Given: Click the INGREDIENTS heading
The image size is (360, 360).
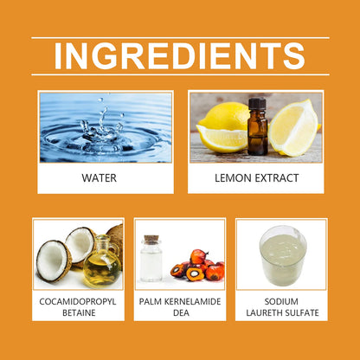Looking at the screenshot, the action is click(x=179, y=56).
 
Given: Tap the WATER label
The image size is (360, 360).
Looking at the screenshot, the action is click(x=100, y=178).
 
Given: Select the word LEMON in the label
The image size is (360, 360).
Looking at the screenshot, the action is click(x=233, y=178).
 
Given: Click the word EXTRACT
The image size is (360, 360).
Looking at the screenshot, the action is click(x=276, y=178).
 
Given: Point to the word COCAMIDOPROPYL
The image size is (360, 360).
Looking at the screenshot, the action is click(x=78, y=302).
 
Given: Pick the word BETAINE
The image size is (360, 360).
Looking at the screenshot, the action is click(x=79, y=312).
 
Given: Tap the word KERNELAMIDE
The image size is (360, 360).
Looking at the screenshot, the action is click(x=192, y=302).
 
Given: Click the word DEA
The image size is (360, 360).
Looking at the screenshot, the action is click(x=181, y=312).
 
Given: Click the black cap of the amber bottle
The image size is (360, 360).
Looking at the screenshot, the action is click(x=257, y=104).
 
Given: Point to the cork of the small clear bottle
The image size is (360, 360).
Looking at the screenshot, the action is click(x=151, y=240).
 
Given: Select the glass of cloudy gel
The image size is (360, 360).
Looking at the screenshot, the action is click(x=283, y=255).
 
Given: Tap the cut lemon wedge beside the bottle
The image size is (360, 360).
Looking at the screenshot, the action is click(x=293, y=128).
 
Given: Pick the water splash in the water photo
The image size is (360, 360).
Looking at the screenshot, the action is click(x=102, y=127).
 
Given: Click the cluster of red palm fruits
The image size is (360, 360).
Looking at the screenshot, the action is click(x=198, y=266).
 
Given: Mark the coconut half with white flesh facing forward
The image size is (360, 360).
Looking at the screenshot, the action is click(x=54, y=260).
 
